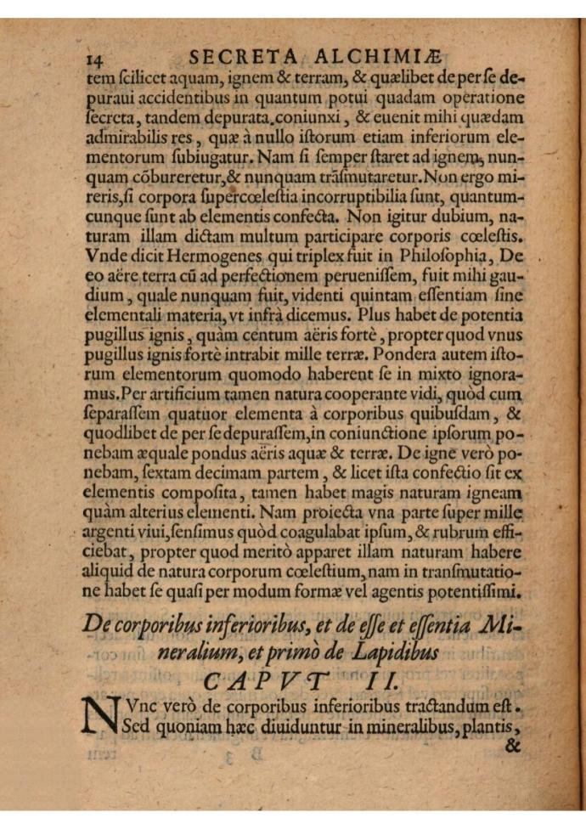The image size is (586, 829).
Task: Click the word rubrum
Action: [x=466, y=533]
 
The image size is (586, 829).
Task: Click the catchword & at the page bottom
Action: [x=511, y=747]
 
